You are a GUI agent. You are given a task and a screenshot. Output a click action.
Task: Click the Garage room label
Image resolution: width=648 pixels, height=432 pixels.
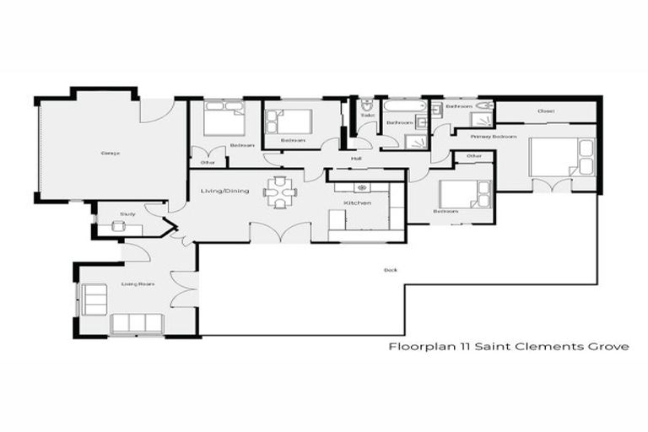click(x=110, y=153)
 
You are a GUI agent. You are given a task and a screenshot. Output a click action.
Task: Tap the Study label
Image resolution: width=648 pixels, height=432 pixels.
click(x=128, y=214)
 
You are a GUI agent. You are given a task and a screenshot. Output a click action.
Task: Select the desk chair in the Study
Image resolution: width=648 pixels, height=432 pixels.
click(x=116, y=226)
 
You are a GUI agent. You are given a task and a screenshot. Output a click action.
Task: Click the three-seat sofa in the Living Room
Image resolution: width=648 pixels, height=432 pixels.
click(x=137, y=323)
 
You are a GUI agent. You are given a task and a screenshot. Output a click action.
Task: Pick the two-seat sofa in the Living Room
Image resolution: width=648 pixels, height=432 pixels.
click(x=90, y=299)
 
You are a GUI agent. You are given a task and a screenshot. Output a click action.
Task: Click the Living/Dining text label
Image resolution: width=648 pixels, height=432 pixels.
click(x=224, y=192)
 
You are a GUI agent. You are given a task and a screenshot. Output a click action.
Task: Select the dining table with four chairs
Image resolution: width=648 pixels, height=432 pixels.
click(x=279, y=192)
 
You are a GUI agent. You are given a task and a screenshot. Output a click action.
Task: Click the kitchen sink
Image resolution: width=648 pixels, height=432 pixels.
click(x=363, y=186)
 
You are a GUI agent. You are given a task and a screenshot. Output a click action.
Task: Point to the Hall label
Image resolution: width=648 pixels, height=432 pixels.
click(x=357, y=158)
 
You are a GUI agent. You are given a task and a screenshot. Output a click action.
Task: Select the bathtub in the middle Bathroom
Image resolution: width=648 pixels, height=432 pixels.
click(x=402, y=106)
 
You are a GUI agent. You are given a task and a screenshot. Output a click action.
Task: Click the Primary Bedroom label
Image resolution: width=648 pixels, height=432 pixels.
click(x=494, y=136)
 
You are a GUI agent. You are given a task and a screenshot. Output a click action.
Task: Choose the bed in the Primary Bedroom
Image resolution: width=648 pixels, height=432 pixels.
click(x=560, y=156)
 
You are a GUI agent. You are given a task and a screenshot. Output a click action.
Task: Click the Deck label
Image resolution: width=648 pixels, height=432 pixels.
click(x=391, y=270)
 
